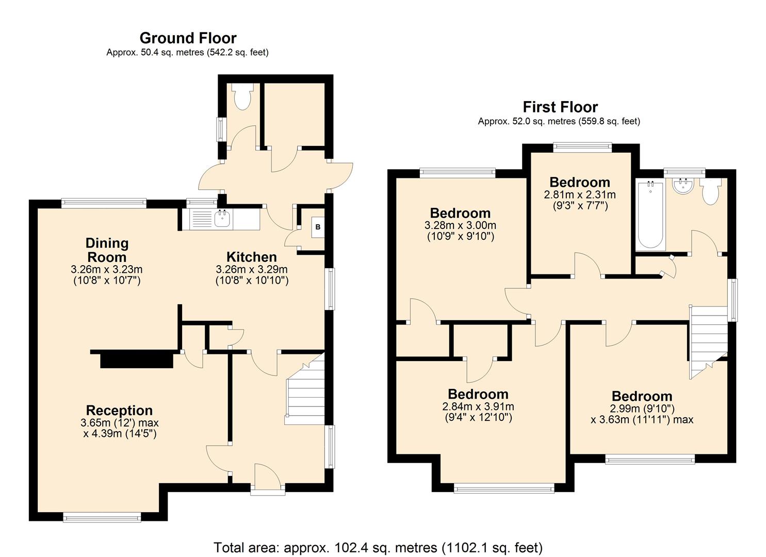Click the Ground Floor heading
(x=188, y=38)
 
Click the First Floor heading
(x=560, y=107)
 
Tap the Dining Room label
(x=107, y=250)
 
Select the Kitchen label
(x=252, y=257)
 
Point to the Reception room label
(x=119, y=411)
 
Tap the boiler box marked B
(x=317, y=227)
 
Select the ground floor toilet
(x=241, y=97)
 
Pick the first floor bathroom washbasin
(x=683, y=187)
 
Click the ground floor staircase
(x=306, y=392)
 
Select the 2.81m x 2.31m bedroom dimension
(x=580, y=195)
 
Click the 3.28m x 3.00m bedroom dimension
(x=460, y=225)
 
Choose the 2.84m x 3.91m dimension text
(x=478, y=406)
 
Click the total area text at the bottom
(x=378, y=547)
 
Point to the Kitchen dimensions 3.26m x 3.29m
(x=252, y=269)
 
